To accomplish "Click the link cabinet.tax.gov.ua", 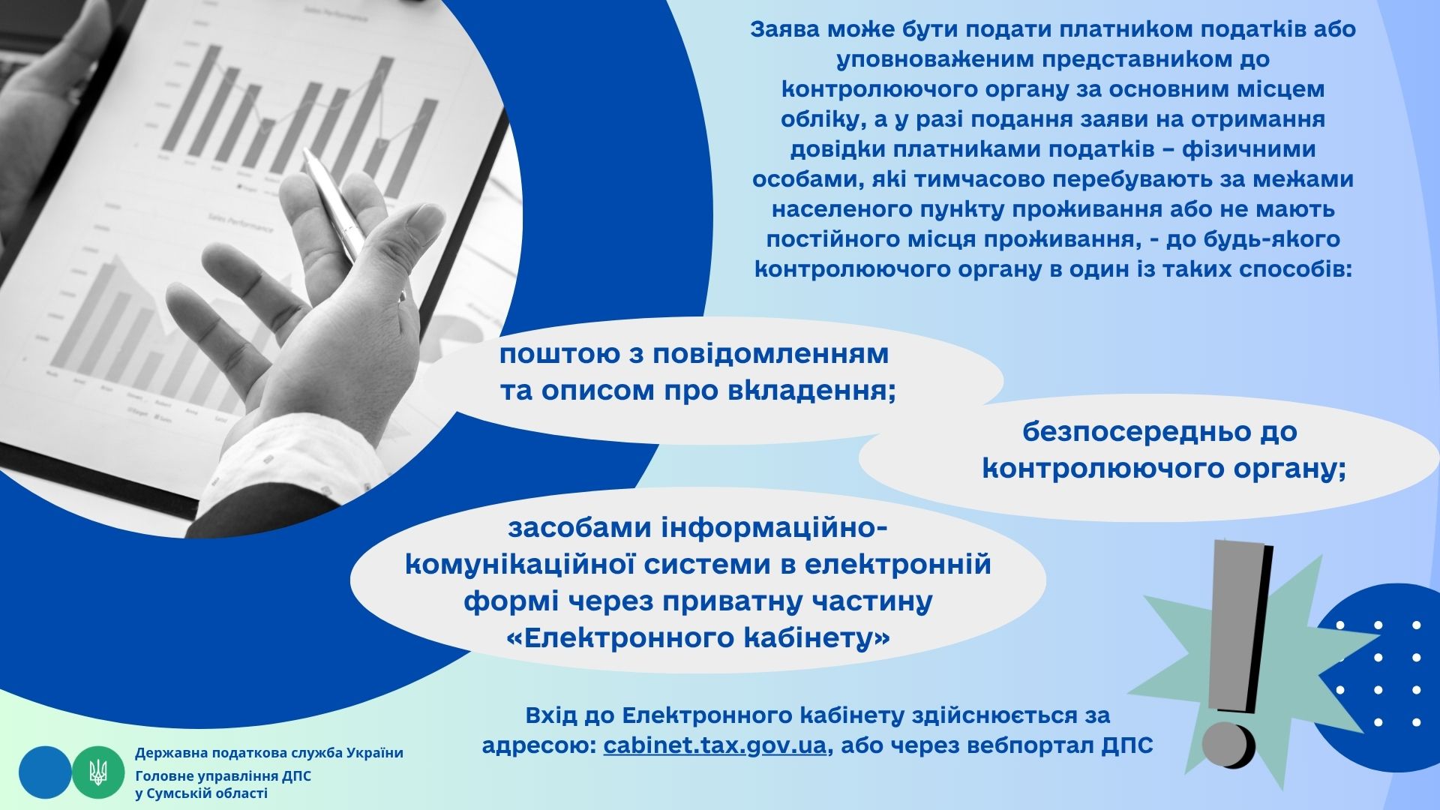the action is point(715,746).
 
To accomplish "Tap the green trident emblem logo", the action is point(98,772).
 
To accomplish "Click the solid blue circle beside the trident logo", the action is point(45,772).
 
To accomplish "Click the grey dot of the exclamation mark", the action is point(1228,745).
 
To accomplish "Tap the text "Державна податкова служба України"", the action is point(269,753).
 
